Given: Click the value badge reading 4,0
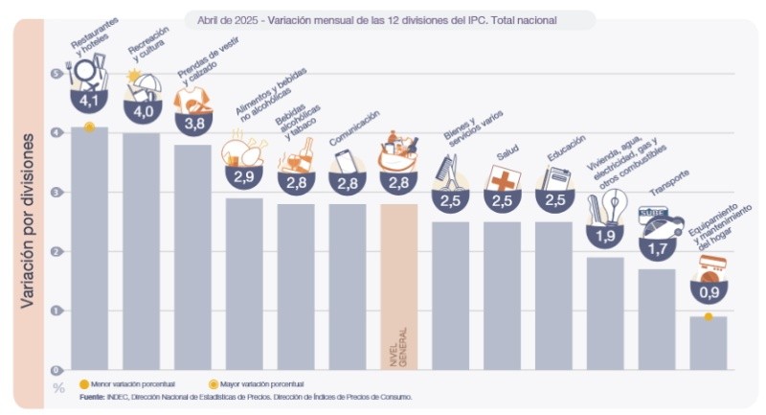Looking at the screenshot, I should [x=141, y=111].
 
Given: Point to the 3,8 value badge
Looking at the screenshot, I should [x=192, y=123].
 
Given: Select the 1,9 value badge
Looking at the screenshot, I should [x=605, y=235].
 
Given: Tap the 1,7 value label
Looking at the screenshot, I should [x=657, y=247].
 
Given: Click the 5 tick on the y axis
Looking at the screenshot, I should [x=56, y=74].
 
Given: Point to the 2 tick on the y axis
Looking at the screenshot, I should [x=56, y=251].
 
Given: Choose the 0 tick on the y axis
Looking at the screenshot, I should [x=56, y=370].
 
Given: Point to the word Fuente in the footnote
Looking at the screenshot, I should [x=91, y=395].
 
